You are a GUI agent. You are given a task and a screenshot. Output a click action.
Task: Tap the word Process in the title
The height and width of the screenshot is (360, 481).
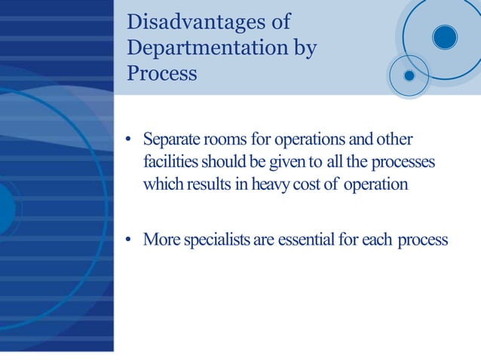pyautogui.click(x=162, y=74)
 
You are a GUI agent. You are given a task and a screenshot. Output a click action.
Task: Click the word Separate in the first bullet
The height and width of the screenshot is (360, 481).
pyautogui.click(x=172, y=141)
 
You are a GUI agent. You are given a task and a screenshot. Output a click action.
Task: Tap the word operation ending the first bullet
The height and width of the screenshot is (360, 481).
pyautogui.click(x=375, y=185)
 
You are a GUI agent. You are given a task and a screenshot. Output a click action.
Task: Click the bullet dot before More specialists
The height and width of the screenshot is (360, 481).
pyautogui.click(x=129, y=240)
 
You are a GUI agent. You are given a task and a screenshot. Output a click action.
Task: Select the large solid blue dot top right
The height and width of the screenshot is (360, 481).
pyautogui.click(x=445, y=37)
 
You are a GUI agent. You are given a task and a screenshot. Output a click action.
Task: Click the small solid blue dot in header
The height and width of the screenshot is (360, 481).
pyautogui.click(x=409, y=75)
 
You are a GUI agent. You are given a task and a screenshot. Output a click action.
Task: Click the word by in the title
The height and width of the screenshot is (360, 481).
pyautogui.click(x=302, y=47)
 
